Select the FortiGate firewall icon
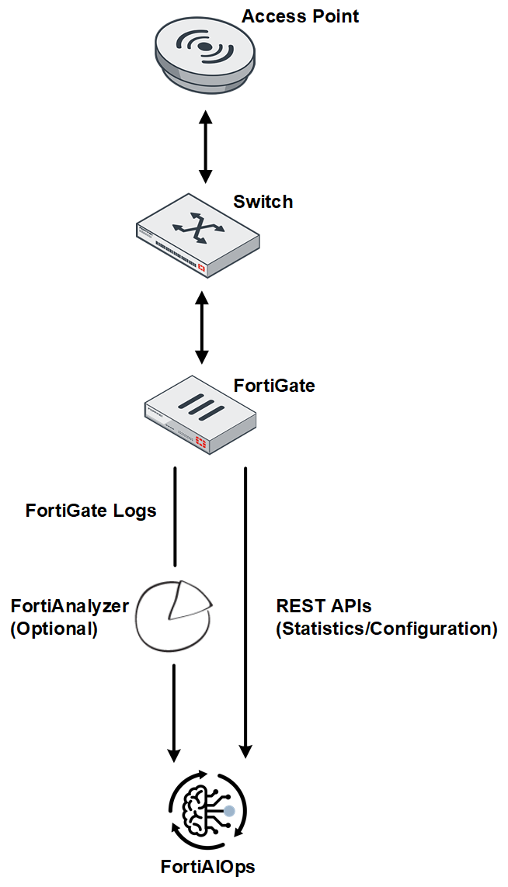[200, 414]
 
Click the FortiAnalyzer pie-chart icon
[172, 613]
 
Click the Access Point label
[301, 16]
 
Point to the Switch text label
[263, 203]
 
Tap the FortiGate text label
[274, 385]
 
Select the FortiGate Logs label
[91, 511]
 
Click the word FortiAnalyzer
[69, 606]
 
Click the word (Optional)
[54, 629]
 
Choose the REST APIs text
[324, 606]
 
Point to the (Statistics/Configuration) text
[386, 629]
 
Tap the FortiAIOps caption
[207, 867]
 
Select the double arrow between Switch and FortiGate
[202, 327]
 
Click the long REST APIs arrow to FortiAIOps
[245, 613]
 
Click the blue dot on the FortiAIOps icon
[229, 811]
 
